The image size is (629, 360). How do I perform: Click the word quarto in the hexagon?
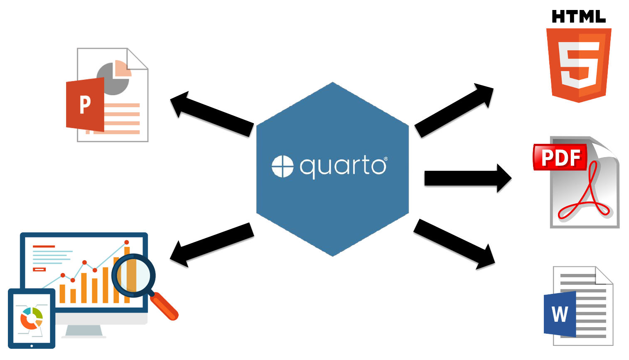(x=343, y=166)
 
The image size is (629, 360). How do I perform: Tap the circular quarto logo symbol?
(x=283, y=166)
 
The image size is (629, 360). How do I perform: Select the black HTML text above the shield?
(x=578, y=17)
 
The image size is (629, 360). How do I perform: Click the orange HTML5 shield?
(x=579, y=64)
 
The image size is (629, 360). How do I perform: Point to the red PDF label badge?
(x=560, y=157)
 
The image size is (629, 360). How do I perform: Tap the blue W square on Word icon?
(x=560, y=314)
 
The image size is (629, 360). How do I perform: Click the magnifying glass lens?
(x=133, y=275)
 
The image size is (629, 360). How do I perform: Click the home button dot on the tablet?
(x=32, y=346)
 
